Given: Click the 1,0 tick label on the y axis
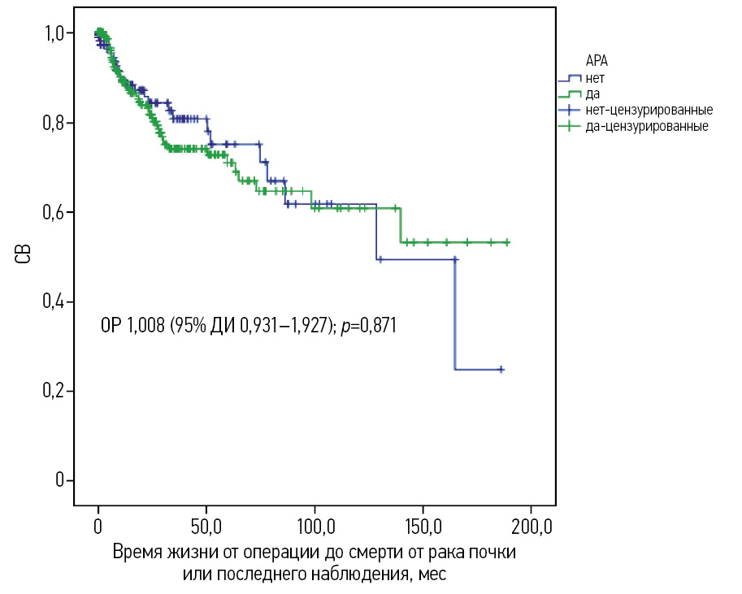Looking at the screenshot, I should click(x=54, y=34).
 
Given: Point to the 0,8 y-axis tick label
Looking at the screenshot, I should click(x=54, y=124).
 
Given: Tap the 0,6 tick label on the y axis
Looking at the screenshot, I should click(x=54, y=213).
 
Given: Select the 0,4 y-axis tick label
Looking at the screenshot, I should click(x=54, y=302).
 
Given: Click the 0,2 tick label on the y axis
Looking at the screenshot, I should click(x=54, y=392).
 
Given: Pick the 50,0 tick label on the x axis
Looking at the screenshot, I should click(x=206, y=528).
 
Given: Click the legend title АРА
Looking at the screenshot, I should click(x=597, y=61).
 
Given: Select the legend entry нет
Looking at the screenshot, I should click(x=594, y=78).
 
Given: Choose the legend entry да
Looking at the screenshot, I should click(x=592, y=94).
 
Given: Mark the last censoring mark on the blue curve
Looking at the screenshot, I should click(x=501, y=369).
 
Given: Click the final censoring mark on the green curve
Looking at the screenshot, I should click(x=506, y=241).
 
